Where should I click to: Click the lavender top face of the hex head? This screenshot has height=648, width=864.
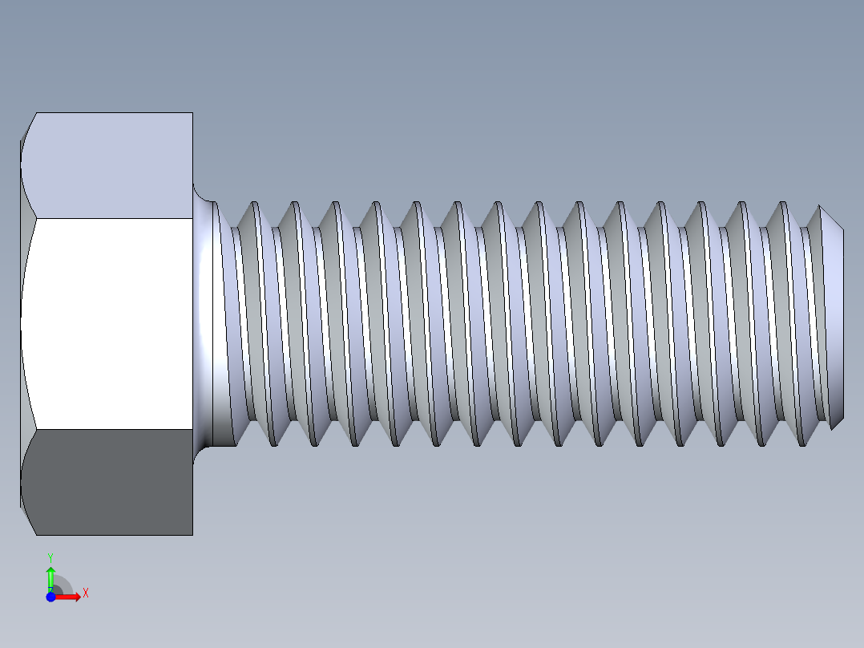click(108, 164)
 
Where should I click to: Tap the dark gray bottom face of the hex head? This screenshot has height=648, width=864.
click(108, 481)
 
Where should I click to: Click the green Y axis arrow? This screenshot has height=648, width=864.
click(50, 577)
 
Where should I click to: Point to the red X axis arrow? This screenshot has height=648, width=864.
click(69, 597)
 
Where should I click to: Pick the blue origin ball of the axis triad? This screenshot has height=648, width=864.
click(50, 597)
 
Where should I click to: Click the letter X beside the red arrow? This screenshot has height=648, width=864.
click(85, 593)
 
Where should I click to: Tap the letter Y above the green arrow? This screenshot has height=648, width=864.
click(50, 557)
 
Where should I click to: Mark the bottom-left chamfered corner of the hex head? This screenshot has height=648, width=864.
click(28, 520)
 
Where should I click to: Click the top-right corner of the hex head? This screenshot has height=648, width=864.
click(192, 113)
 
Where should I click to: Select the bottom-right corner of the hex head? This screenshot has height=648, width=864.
click(192, 534)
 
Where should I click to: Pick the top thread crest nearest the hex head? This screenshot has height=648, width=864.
click(255, 203)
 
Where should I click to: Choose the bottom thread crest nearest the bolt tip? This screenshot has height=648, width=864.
click(802, 444)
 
